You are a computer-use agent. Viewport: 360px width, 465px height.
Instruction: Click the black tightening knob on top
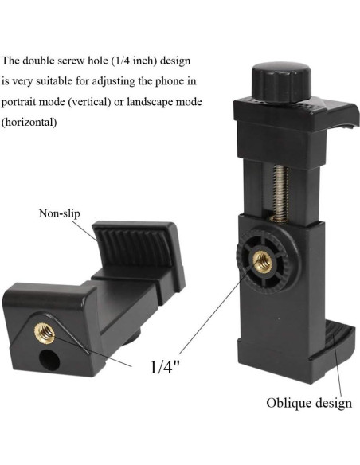pyautogui.click(x=281, y=83)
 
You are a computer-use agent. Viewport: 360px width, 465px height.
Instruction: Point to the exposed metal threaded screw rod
pyautogui.click(x=280, y=193)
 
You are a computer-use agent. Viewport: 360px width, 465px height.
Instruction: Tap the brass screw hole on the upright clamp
pyautogui.click(x=263, y=261)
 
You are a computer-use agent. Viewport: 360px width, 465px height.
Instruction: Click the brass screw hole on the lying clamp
pyautogui.click(x=45, y=333)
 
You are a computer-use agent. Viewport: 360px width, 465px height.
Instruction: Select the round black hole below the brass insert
pyautogui.click(x=49, y=360)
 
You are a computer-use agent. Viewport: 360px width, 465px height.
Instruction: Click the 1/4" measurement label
pyautogui.click(x=165, y=366)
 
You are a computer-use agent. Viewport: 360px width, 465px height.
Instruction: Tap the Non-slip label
pyautogui.click(x=59, y=213)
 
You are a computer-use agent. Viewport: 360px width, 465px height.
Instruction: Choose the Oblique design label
pyautogui.click(x=309, y=404)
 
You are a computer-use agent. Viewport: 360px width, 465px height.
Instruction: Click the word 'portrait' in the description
pyautogui.click(x=19, y=102)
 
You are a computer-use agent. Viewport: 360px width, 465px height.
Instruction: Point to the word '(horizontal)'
pyautogui.click(x=29, y=122)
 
